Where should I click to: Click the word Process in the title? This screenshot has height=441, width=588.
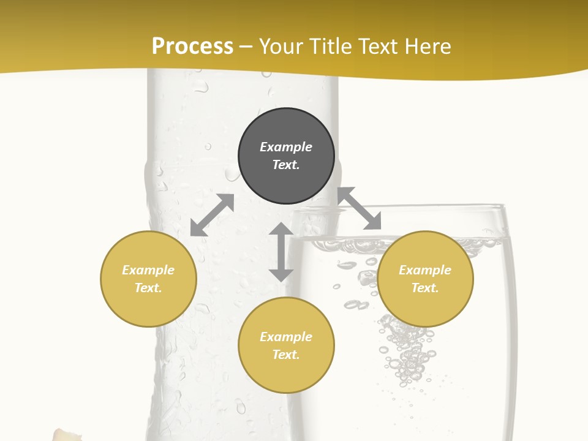pyautogui.click(x=192, y=47)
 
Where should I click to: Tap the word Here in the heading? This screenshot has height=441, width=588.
pyautogui.click(x=427, y=47)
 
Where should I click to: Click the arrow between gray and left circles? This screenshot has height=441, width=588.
pyautogui.click(x=212, y=215)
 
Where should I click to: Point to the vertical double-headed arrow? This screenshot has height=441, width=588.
pyautogui.click(x=281, y=252)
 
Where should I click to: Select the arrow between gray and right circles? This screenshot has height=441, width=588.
pyautogui.click(x=360, y=209)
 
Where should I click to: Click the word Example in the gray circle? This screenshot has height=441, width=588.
pyautogui.click(x=286, y=147)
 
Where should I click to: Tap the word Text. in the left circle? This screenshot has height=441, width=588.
pyautogui.click(x=148, y=288)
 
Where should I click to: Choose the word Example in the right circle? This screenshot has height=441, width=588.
pyautogui.click(x=425, y=270)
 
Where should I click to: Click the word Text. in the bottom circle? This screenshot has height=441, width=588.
pyautogui.click(x=286, y=355)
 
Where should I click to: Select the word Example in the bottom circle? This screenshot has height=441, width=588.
pyautogui.click(x=286, y=337)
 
